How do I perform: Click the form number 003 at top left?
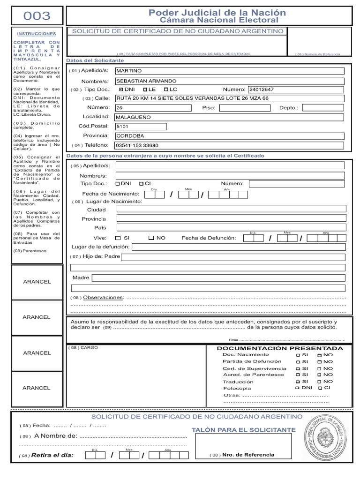[x=37, y=16]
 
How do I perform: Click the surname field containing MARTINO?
[x=230, y=71]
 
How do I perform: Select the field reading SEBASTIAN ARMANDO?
[x=230, y=81]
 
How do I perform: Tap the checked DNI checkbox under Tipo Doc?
[x=121, y=89]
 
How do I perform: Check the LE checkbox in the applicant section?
[x=145, y=89]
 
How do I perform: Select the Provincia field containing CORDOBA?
[x=230, y=136]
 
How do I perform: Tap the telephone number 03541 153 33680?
[x=230, y=145]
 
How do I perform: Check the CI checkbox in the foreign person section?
[x=141, y=184]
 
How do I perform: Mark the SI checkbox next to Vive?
[x=118, y=238]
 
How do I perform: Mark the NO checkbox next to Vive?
[x=151, y=238]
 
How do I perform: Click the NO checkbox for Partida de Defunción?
[x=320, y=362]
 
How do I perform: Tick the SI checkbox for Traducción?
[x=298, y=382]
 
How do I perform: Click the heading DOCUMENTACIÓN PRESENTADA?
[x=279, y=348]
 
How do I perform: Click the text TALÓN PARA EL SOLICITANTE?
[x=244, y=430]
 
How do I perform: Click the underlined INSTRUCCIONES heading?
[x=36, y=34]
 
